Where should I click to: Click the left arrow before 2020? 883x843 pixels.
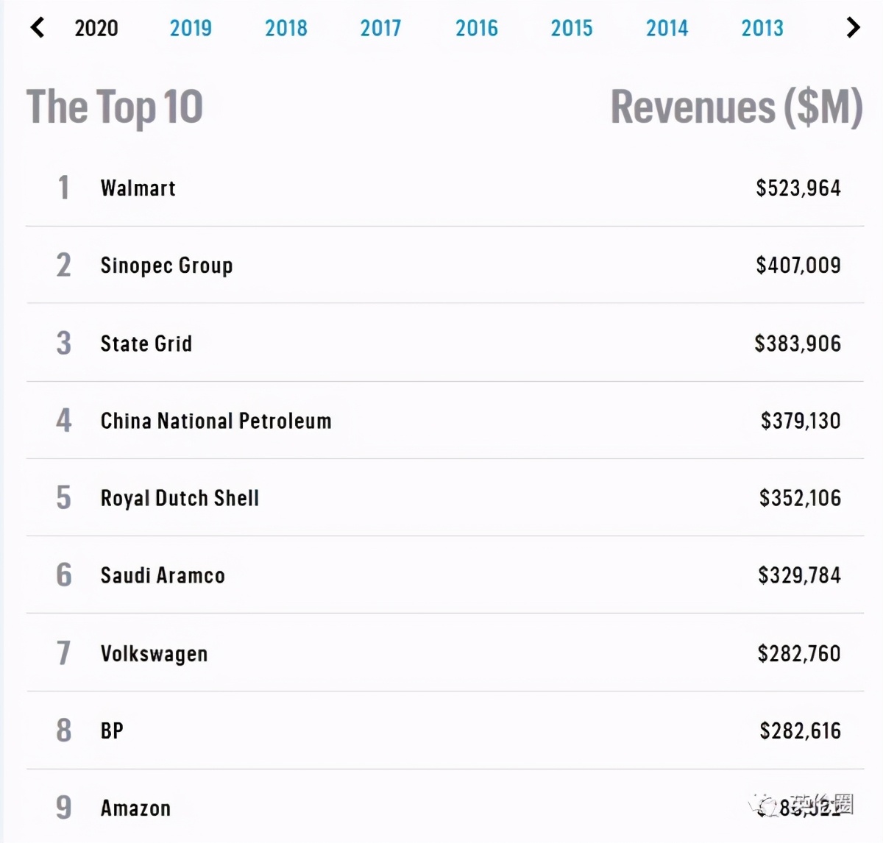[38, 28]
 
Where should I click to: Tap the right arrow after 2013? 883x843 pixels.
[853, 28]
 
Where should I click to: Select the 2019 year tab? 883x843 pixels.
[191, 28]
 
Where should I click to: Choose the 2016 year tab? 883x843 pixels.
[476, 28]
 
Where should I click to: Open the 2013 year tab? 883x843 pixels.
[762, 28]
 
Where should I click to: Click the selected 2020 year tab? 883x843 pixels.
[96, 28]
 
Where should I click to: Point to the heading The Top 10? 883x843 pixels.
[115, 107]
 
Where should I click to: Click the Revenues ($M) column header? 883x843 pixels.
[736, 107]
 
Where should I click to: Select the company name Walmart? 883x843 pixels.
[138, 188]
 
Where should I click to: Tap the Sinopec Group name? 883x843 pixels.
[166, 266]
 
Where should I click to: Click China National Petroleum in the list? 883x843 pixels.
[216, 421]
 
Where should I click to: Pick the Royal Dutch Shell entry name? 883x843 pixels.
[180, 498]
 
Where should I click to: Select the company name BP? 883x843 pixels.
[112, 731]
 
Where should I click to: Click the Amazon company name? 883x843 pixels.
[135, 808]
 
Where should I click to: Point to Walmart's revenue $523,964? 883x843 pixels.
[798, 188]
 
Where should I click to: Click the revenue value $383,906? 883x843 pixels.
[797, 344]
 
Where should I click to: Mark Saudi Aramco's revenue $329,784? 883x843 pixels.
[799, 575]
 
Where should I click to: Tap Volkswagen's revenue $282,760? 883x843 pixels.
[799, 653]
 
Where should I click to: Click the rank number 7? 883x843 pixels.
[64, 653]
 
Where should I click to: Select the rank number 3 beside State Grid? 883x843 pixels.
[64, 344]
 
